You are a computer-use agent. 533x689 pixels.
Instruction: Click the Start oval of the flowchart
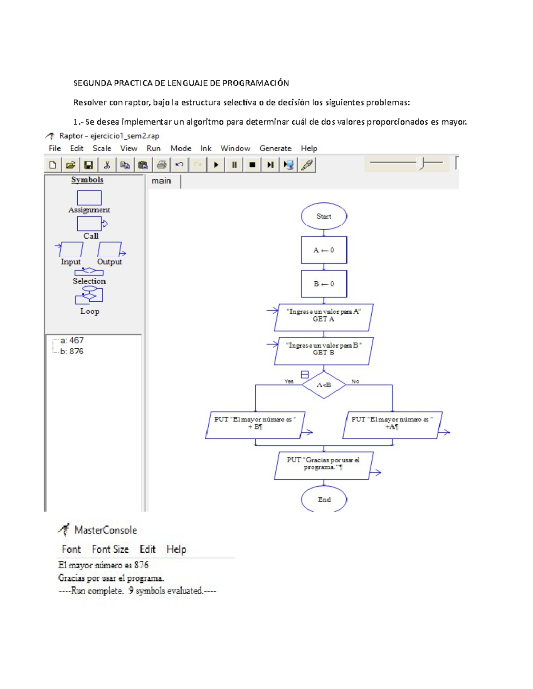point(324,216)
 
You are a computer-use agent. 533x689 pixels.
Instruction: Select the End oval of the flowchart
point(324,499)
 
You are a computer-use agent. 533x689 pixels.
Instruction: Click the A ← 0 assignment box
point(324,250)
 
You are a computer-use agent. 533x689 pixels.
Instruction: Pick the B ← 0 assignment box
point(324,284)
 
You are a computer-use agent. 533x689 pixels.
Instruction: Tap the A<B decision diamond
point(324,385)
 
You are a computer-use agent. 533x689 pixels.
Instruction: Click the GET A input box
point(324,318)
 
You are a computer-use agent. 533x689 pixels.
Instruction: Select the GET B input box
point(324,351)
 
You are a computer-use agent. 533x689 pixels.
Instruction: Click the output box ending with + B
point(255,425)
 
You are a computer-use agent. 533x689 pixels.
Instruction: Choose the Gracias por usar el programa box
point(323,465)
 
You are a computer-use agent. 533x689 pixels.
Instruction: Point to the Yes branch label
point(289,381)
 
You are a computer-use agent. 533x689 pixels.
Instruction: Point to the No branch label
point(355,381)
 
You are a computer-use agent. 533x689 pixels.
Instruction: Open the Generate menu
point(275,148)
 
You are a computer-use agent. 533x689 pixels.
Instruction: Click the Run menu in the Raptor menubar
point(153,148)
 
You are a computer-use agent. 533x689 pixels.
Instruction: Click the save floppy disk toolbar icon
point(88,165)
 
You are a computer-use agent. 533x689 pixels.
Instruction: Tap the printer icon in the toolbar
point(162,165)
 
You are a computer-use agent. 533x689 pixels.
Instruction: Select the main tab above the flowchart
point(161,181)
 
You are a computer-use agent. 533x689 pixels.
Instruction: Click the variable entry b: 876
point(72,351)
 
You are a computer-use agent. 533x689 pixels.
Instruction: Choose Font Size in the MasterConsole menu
point(110,549)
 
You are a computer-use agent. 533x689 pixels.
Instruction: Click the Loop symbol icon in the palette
point(89,295)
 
